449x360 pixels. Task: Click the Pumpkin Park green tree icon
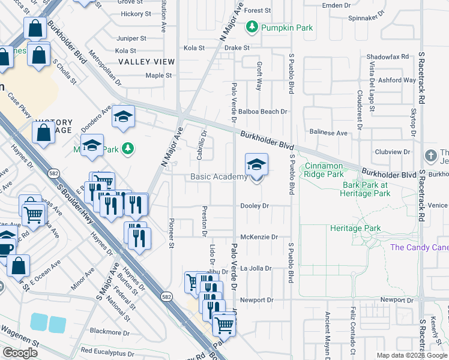tap(252, 27)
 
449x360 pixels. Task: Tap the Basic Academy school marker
tap(256, 165)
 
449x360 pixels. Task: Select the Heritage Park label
tap(355, 229)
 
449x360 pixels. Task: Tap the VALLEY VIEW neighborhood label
tap(146, 62)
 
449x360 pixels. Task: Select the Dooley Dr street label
tap(255, 206)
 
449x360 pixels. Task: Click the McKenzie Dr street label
tap(259, 237)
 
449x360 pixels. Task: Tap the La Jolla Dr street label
tap(256, 269)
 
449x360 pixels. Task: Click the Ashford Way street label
tap(397, 80)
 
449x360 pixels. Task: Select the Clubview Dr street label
tap(394, 152)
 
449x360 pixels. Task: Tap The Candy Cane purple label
tap(419, 247)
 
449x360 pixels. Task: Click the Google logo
tap(20, 353)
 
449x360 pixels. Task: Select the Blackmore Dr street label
tap(106, 332)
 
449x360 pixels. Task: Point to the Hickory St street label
tap(135, 14)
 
